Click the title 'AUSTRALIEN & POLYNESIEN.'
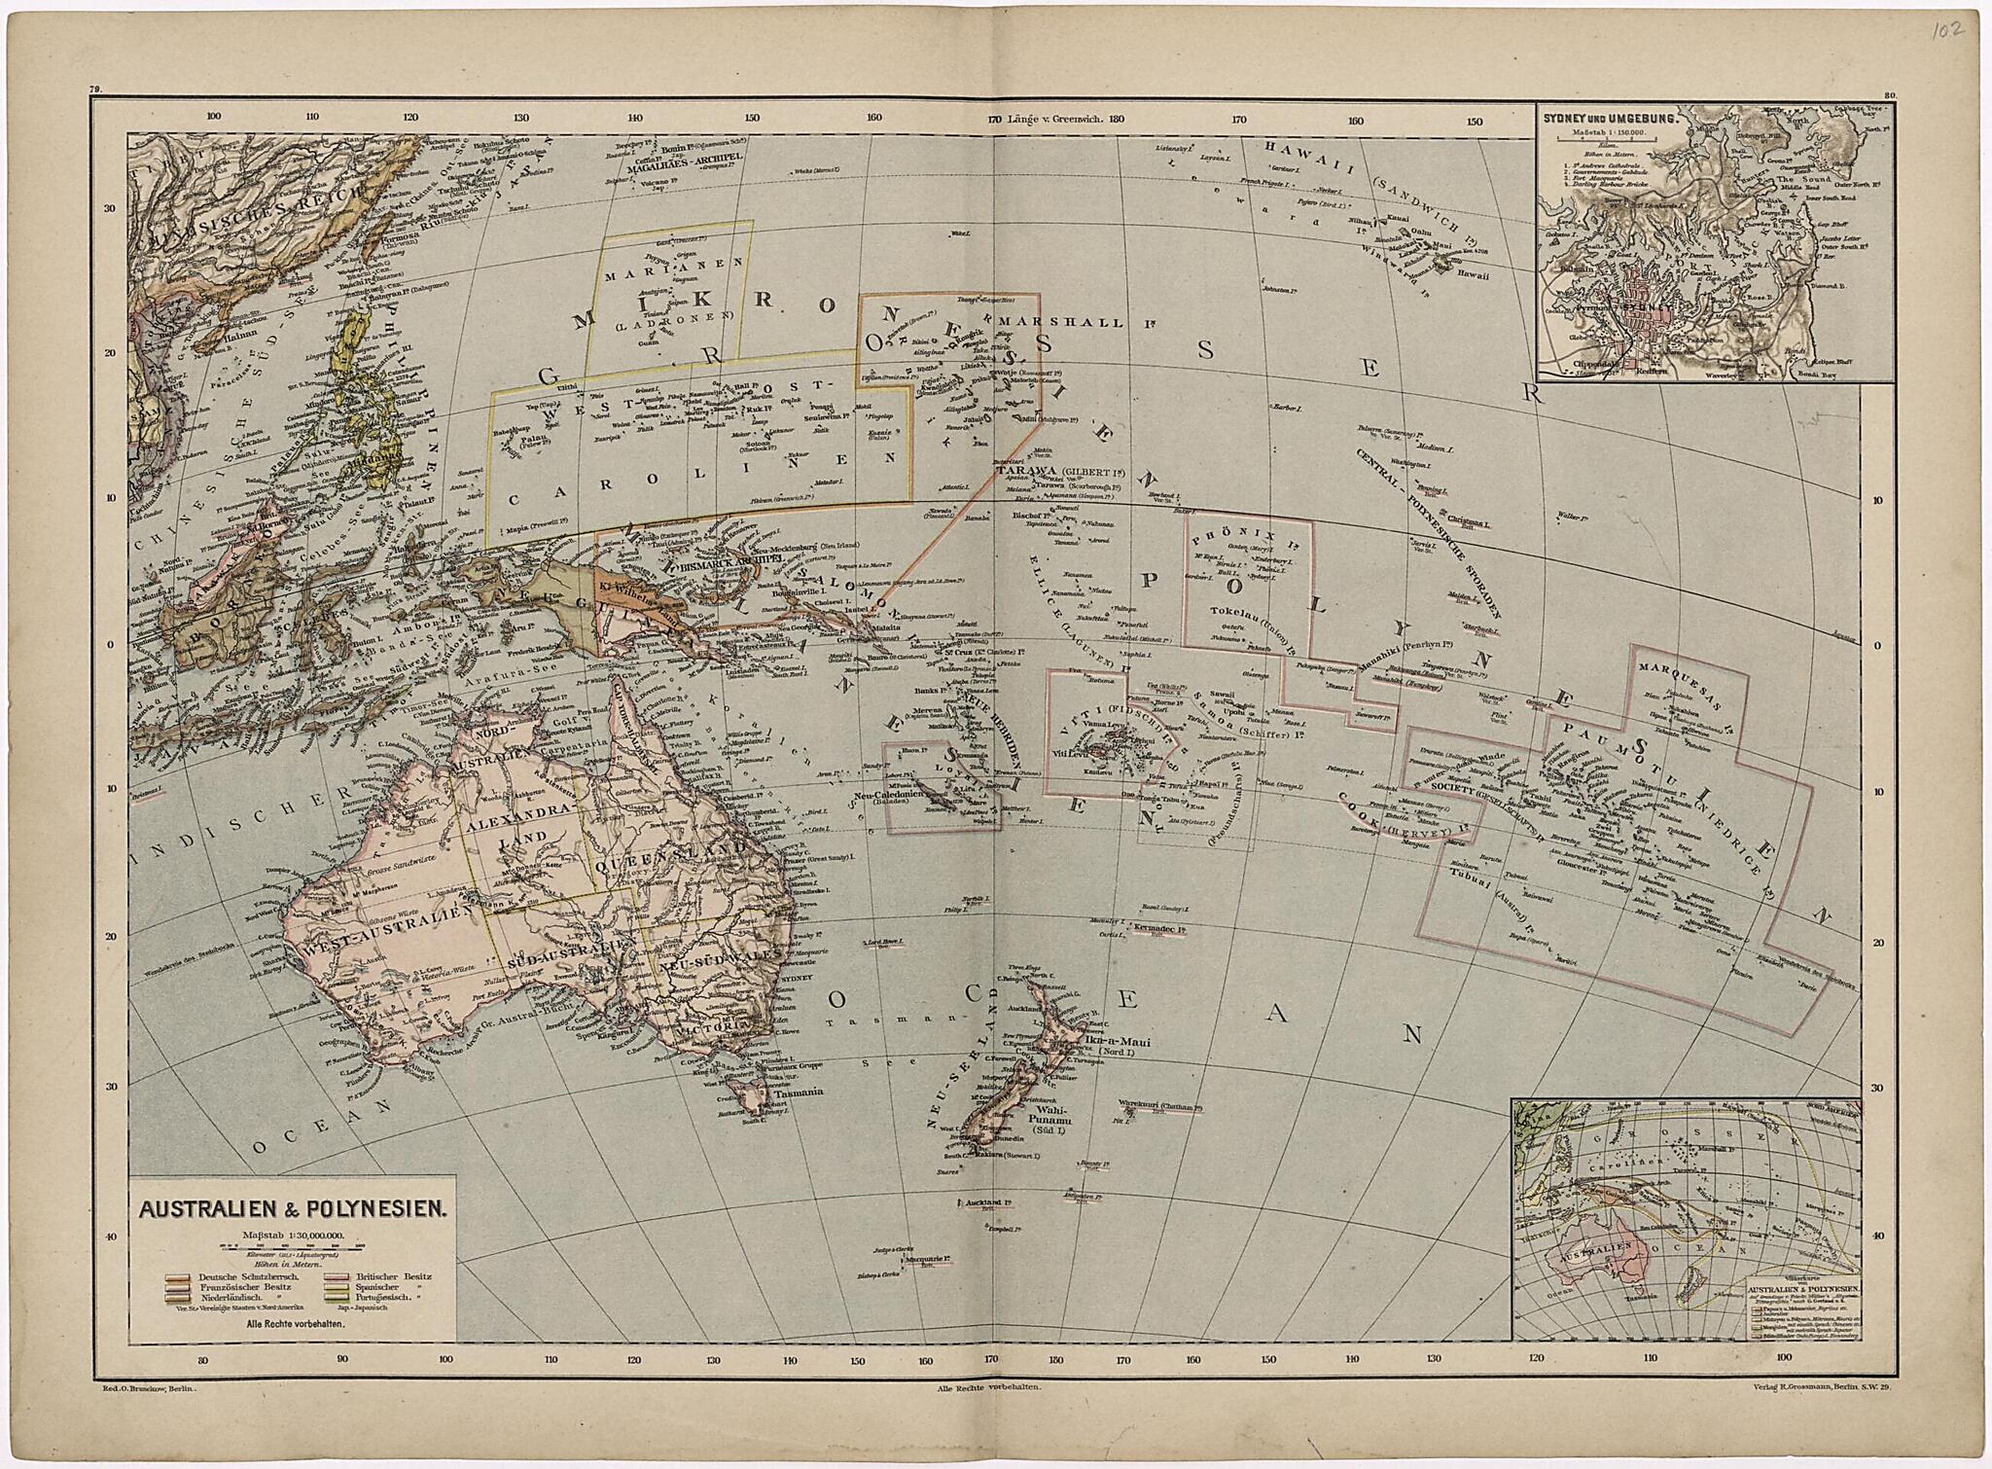coord(293,1210)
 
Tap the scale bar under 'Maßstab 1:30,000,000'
coord(293,1245)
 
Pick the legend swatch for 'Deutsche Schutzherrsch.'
coord(178,1275)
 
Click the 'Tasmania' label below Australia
coord(799,1092)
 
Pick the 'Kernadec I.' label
coord(1161,930)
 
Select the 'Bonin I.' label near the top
coord(674,151)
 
